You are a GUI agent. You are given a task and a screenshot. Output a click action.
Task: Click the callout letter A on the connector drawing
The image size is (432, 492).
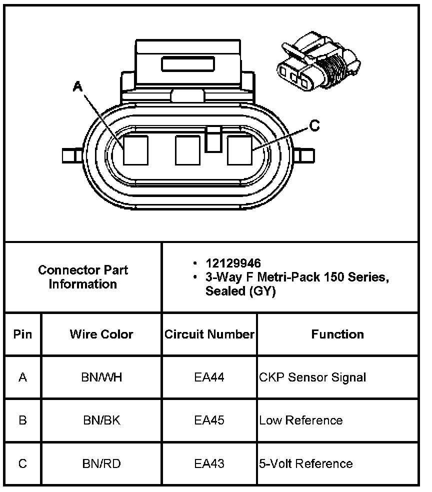pos(77,86)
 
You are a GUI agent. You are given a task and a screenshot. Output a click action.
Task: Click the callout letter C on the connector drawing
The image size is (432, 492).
pos(314,125)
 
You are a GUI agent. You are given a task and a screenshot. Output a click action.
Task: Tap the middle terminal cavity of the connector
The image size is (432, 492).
pos(187,150)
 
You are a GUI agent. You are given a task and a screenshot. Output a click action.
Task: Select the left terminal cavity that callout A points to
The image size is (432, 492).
pos(135,150)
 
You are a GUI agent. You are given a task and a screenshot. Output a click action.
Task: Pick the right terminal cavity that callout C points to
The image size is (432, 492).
pos(239,150)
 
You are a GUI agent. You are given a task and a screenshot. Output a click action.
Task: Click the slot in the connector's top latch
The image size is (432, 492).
pos(188,63)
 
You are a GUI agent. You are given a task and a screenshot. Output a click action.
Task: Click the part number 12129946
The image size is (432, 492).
pos(233,263)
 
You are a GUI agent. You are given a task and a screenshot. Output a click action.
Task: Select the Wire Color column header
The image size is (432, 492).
pos(101,334)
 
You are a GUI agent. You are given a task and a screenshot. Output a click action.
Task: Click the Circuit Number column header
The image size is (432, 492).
pos(209,334)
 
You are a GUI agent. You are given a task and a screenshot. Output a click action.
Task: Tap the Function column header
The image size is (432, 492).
pos(337,334)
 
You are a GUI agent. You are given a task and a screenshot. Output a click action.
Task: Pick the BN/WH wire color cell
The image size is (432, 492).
pos(101,377)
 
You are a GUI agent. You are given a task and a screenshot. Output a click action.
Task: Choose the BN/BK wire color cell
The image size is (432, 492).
pos(101,420)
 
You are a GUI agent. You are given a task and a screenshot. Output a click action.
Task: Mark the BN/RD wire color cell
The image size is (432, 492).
pos(101,463)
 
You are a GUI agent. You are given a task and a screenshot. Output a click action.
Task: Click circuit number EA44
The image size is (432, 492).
pos(209,377)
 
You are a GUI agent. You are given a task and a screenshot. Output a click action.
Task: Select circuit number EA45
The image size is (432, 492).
pos(209,420)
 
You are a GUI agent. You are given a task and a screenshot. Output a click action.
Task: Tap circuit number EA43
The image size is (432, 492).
pos(209,463)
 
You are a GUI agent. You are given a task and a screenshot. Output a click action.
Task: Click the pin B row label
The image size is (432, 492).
pos(22,420)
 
